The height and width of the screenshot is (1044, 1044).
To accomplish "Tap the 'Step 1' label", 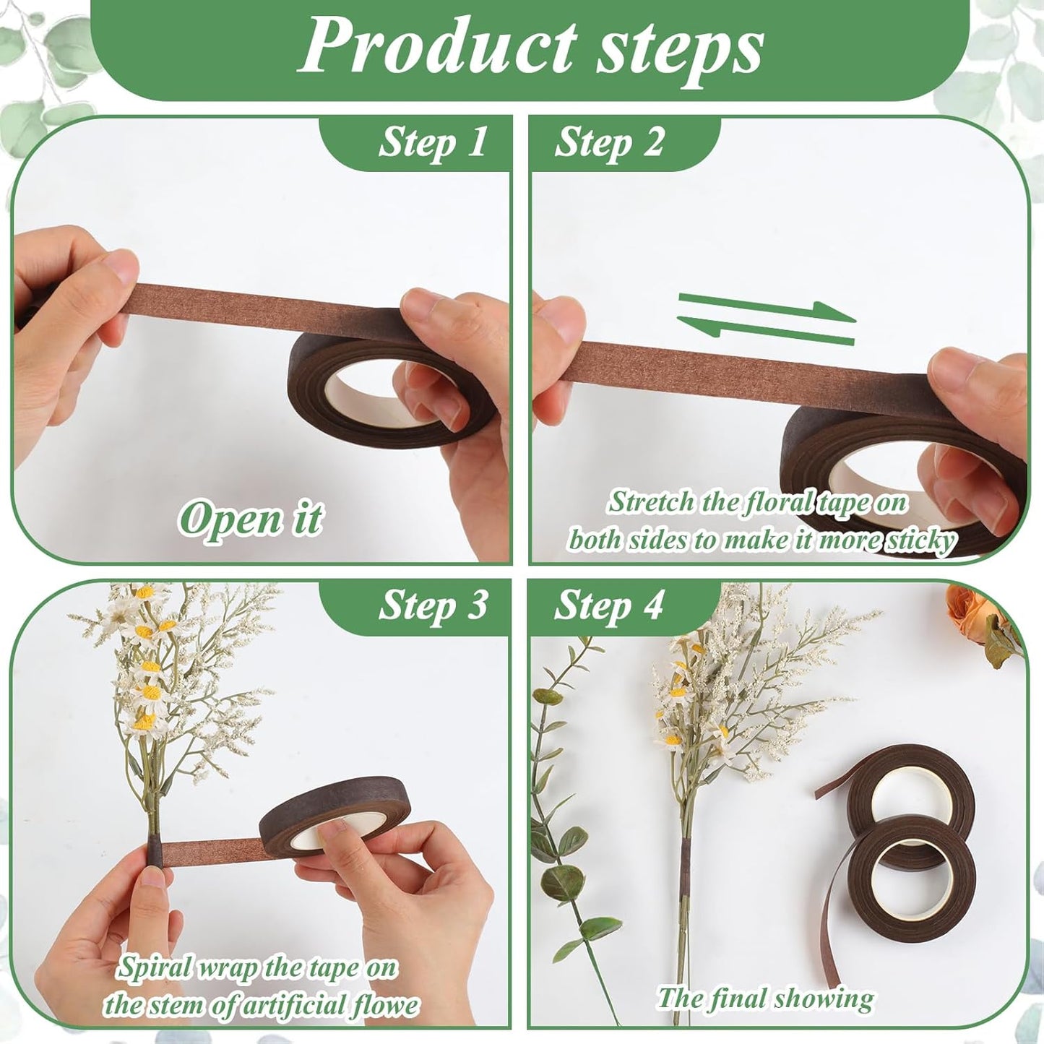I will click(433, 142).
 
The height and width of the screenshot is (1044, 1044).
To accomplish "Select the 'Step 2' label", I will click(608, 142).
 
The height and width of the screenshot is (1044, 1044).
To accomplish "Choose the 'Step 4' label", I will click(608, 605).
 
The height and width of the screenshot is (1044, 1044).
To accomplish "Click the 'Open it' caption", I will click(251, 518).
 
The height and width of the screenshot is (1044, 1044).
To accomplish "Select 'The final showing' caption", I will click(765, 999).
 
